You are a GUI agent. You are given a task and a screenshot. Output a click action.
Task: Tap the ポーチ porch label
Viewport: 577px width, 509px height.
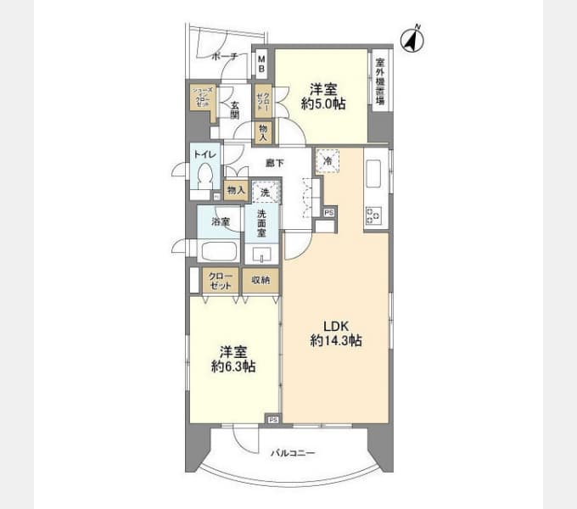click(x=225, y=57)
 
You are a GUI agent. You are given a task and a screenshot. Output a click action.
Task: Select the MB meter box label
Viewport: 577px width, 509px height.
click(x=262, y=63)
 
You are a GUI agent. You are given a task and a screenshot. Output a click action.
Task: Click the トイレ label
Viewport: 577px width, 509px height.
click(x=203, y=154)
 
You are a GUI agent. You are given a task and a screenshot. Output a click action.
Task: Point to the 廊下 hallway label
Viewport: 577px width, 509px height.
click(x=273, y=163)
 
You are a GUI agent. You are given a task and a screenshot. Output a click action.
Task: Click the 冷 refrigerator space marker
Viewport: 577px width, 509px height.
click(x=328, y=159)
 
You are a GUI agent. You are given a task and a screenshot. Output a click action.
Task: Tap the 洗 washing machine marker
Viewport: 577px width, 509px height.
click(x=265, y=193)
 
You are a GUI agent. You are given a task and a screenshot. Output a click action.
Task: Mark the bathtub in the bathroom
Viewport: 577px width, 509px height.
click(x=219, y=252)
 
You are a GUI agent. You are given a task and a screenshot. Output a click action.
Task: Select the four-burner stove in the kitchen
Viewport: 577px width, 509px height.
click(x=373, y=215)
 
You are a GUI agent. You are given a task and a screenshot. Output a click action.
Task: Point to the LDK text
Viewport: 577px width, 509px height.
click(x=336, y=323)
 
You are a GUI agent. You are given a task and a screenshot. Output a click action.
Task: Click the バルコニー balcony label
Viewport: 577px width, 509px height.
click(x=293, y=453)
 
